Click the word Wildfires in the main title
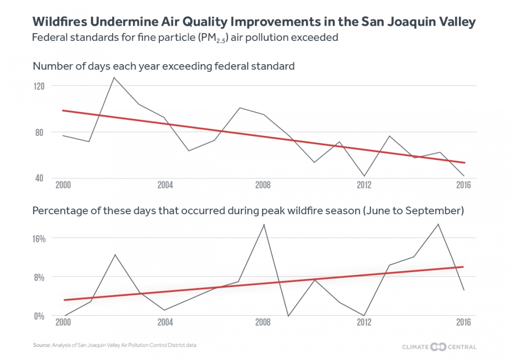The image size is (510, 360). (59, 22)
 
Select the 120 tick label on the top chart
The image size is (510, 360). (39, 86)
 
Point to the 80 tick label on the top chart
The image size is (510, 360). (39, 132)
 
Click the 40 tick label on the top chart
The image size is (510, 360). (39, 178)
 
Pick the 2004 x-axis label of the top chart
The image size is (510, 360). (165, 186)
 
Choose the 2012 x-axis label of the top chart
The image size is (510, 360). (364, 186)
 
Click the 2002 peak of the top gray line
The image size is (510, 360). (114, 77)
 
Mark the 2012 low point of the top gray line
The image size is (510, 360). (364, 176)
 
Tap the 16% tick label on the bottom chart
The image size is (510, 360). (39, 239)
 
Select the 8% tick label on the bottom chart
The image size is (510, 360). (40, 277)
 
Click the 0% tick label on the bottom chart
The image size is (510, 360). (39, 316)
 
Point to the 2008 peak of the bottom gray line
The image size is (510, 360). (264, 224)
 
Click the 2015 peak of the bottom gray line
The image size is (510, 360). (439, 224)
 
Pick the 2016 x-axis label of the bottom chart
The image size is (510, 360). (464, 323)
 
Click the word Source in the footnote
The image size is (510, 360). (42, 345)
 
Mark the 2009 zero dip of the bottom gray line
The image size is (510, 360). (289, 316)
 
